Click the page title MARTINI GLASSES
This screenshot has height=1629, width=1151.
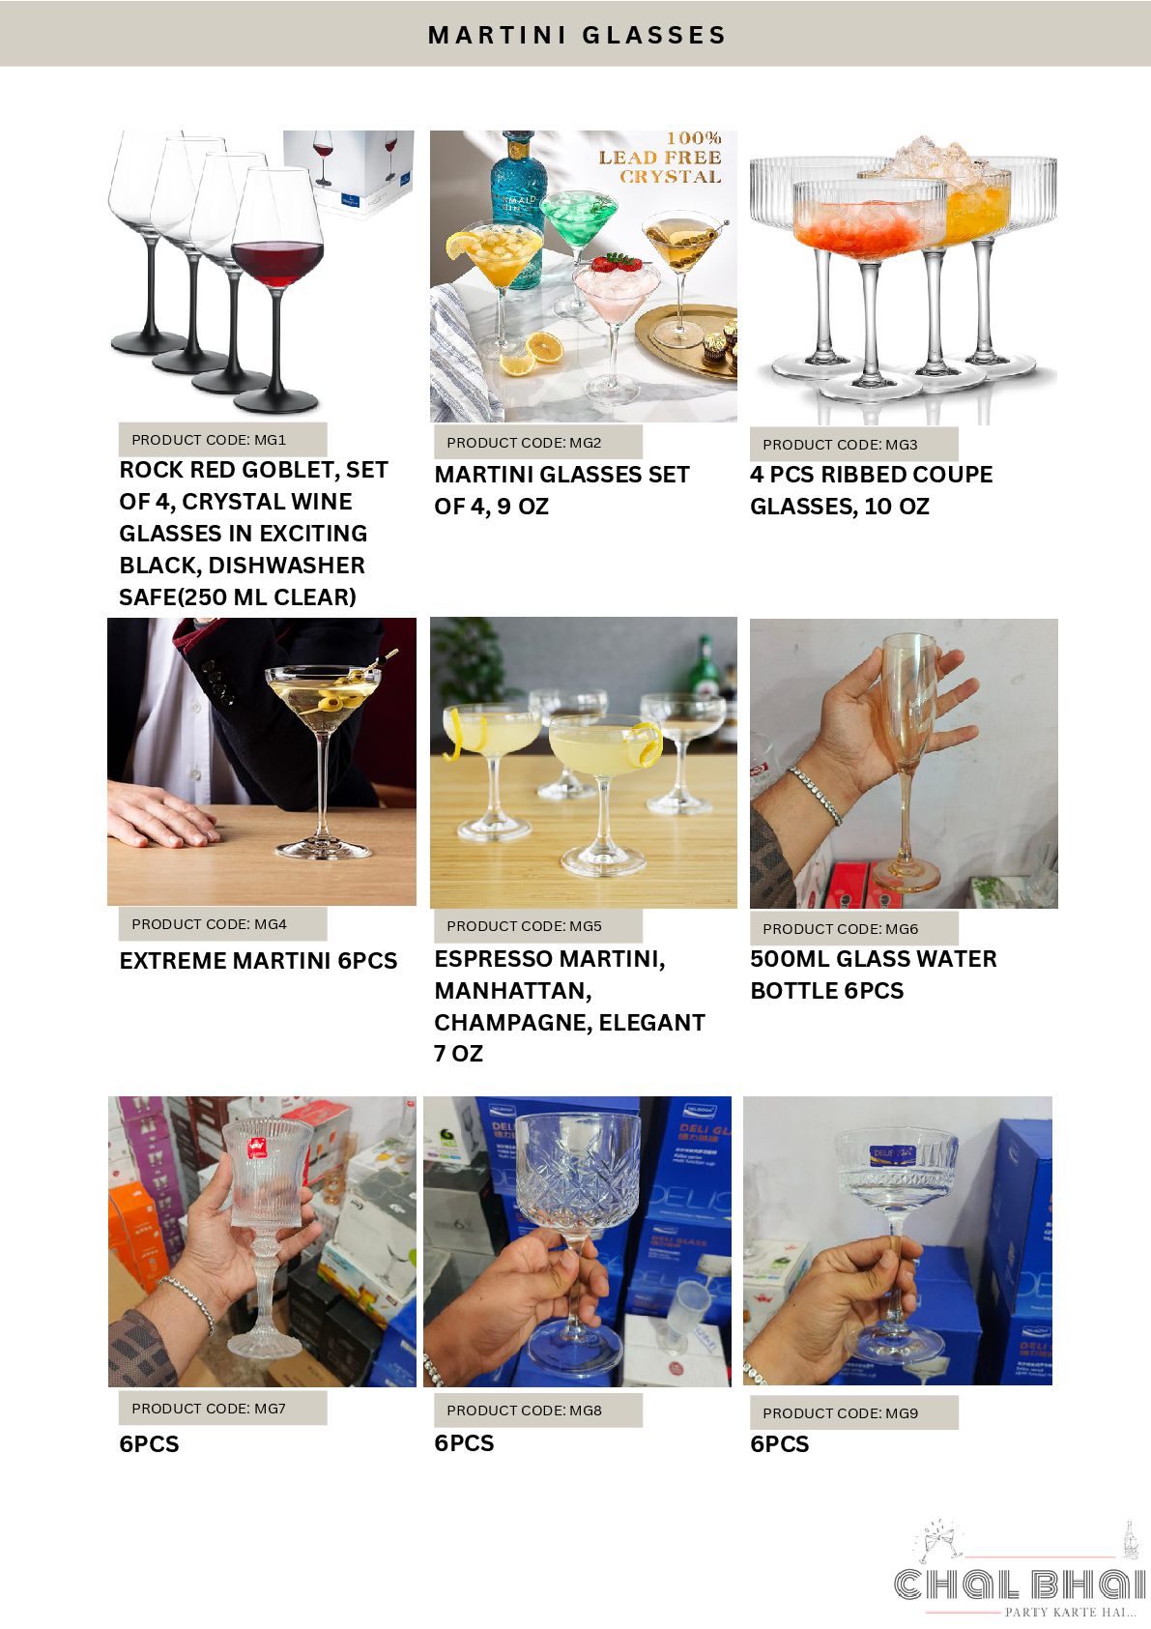click(577, 35)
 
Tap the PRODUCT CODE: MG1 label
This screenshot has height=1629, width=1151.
click(209, 440)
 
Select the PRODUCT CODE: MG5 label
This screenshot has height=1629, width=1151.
click(524, 926)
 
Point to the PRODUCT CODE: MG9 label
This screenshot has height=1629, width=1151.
click(840, 1413)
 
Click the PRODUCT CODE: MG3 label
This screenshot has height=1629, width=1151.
click(840, 445)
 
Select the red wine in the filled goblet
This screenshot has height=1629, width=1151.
click(277, 263)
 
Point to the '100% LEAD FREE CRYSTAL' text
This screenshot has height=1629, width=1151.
click(660, 157)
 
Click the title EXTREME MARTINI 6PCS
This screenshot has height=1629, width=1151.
click(258, 961)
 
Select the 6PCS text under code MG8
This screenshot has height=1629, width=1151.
click(464, 1442)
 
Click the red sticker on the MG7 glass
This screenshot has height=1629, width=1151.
click(256, 1149)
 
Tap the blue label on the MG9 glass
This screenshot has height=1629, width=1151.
click(893, 1153)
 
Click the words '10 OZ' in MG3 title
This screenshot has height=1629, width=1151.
click(897, 507)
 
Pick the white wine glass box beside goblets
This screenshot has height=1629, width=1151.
click(349, 175)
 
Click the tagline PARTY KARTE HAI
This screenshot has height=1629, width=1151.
click(1070, 1613)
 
